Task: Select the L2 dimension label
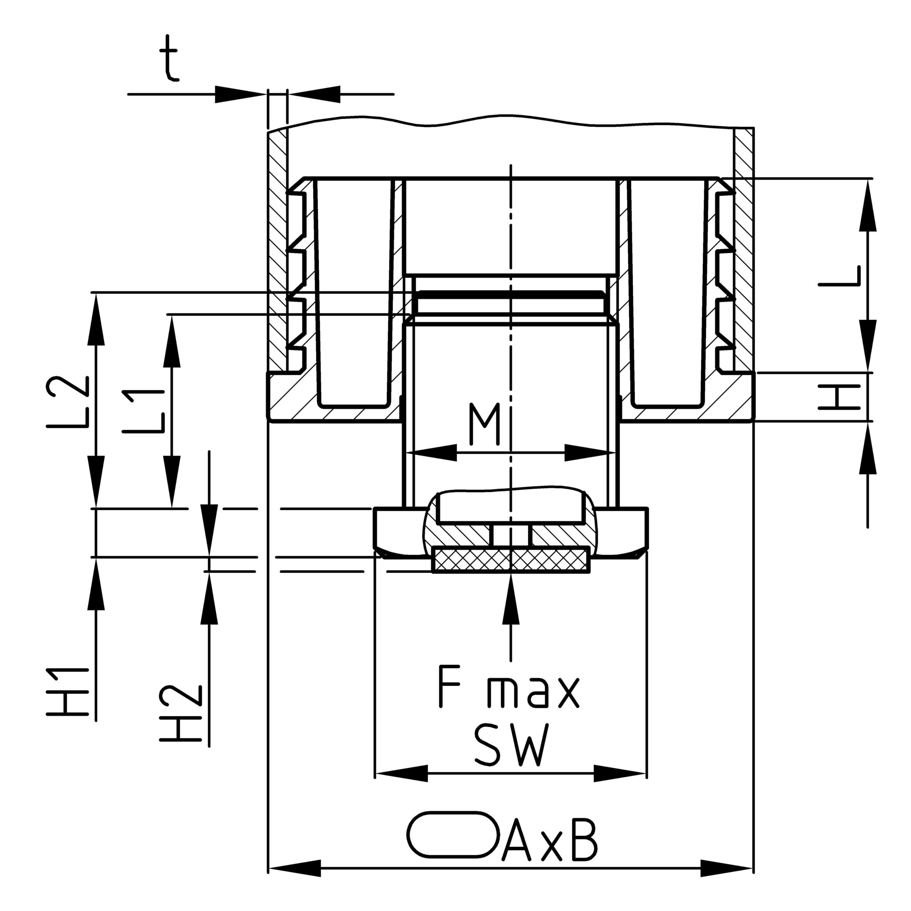click(x=68, y=401)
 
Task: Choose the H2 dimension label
click(x=181, y=714)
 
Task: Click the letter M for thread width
click(x=484, y=424)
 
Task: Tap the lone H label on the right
click(x=840, y=396)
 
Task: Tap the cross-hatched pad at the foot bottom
click(x=511, y=560)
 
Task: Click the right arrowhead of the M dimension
click(x=589, y=453)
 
